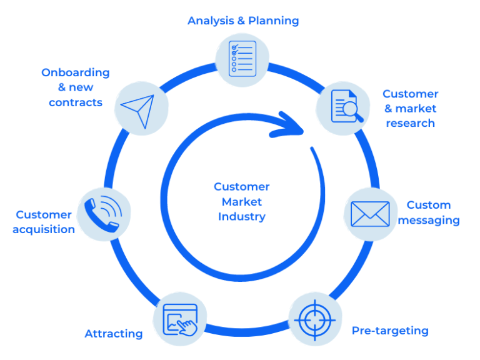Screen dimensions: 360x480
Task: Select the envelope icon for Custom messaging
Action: pyautogui.click(x=370, y=214)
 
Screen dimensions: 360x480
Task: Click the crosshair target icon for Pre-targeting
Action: pyautogui.click(x=315, y=319)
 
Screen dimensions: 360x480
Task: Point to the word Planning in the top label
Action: pyautogui.click(x=273, y=21)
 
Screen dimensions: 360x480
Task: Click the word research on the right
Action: pyautogui.click(x=410, y=123)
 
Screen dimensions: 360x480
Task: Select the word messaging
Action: pyautogui.click(x=429, y=220)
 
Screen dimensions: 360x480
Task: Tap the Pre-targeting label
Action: pyautogui.click(x=390, y=330)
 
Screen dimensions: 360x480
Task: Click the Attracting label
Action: pyautogui.click(x=114, y=334)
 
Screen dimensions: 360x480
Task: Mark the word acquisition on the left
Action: pyautogui.click(x=44, y=229)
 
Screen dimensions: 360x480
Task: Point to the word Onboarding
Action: pyautogui.click(x=76, y=72)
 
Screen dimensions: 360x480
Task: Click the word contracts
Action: pyautogui.click(x=76, y=102)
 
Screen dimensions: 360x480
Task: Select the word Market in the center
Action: pyautogui.click(x=242, y=202)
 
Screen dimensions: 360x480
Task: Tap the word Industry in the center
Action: pyautogui.click(x=242, y=217)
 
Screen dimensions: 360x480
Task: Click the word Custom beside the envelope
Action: pyautogui.click(x=429, y=205)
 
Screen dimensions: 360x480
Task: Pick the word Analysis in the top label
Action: pyautogui.click(x=211, y=21)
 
